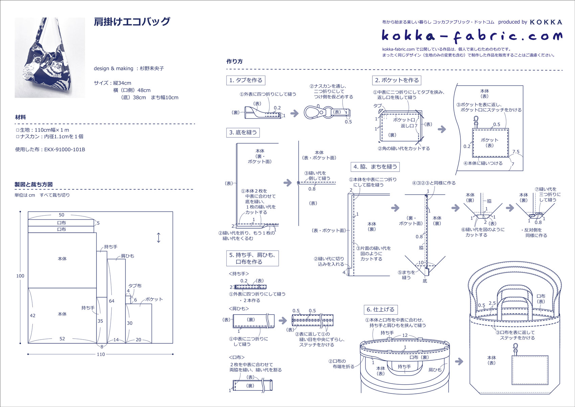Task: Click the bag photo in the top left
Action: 50,58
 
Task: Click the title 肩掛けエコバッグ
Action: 132,22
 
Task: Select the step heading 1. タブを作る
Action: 246,80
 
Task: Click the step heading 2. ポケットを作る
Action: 396,80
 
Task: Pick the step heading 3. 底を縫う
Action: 243,132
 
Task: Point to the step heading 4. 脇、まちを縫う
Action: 375,167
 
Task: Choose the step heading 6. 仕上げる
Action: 381,309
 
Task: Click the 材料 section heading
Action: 21,117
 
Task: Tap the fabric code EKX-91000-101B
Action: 65,149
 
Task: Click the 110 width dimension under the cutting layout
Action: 101,354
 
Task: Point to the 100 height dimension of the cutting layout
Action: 20,276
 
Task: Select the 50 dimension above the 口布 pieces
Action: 62,215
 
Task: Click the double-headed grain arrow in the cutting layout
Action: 159,238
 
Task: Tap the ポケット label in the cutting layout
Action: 154,299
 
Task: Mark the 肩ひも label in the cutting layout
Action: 128,256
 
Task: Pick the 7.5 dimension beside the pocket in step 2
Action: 516,152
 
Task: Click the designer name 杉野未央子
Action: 152,68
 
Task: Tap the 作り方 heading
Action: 234,61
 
